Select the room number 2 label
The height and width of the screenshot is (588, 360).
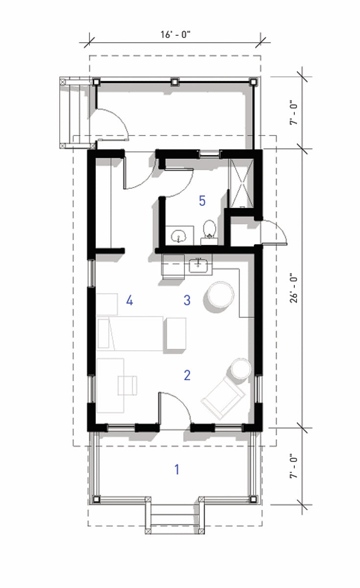(187, 375)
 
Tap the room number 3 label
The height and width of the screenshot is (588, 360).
(187, 300)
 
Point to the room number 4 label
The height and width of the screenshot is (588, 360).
(129, 300)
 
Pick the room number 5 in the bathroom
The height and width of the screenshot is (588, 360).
(202, 201)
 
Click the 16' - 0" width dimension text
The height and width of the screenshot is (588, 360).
(175, 34)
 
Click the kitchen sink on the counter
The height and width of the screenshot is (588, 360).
(198, 266)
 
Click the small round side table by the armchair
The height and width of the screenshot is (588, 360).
(241, 368)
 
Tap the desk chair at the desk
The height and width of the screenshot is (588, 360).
(127, 385)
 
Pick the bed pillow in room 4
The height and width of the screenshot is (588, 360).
(103, 334)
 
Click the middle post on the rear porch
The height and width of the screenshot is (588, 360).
(175, 82)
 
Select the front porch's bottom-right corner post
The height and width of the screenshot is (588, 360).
(253, 499)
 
